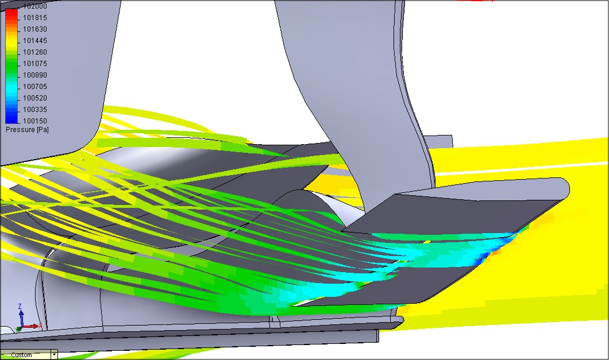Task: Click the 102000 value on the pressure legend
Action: pyautogui.click(x=35, y=6)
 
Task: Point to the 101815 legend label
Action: pyautogui.click(x=35, y=17)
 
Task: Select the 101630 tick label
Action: pyautogui.click(x=35, y=29)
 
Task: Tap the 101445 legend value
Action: pyautogui.click(x=35, y=40)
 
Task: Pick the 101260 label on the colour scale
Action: pyautogui.click(x=35, y=52)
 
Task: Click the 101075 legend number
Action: pyautogui.click(x=35, y=63)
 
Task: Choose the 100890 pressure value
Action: pyautogui.click(x=35, y=75)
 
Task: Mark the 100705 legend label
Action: pyautogui.click(x=35, y=86)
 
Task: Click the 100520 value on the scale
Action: pyautogui.click(x=35, y=98)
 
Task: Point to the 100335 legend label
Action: pyautogui.click(x=35, y=109)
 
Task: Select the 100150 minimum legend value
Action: pyautogui.click(x=35, y=121)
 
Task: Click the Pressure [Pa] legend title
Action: pyautogui.click(x=27, y=130)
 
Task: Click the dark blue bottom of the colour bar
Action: pyautogui.click(x=11, y=118)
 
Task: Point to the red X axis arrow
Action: pyautogui.click(x=33, y=326)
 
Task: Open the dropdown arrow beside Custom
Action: pyautogui.click(x=55, y=355)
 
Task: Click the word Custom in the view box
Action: pyautogui.click(x=22, y=355)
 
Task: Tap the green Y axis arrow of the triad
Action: pyautogui.click(x=18, y=329)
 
